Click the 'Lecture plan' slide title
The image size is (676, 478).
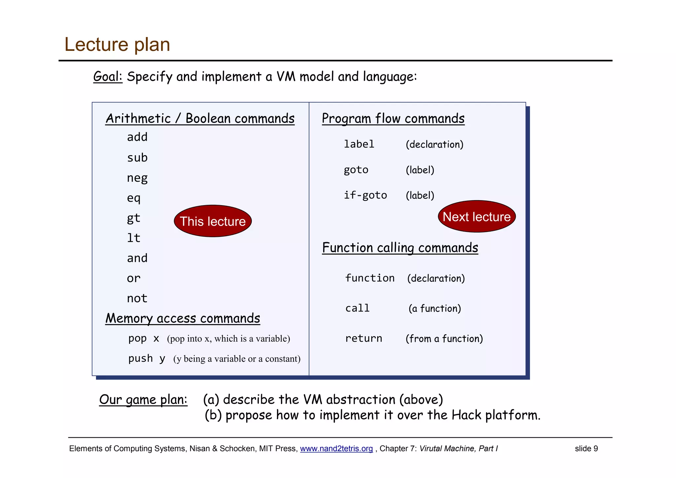(x=117, y=44)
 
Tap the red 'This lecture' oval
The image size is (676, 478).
(x=213, y=221)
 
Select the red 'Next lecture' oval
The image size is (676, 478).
(x=476, y=217)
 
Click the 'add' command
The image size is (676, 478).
(x=137, y=137)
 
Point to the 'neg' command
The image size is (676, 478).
(x=137, y=178)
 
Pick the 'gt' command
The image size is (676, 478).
(x=134, y=218)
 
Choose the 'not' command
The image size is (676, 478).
(x=137, y=299)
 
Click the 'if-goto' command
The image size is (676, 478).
(x=365, y=195)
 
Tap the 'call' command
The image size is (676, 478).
(x=357, y=308)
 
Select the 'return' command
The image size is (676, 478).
(x=363, y=338)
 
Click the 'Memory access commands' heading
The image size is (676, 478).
(x=183, y=318)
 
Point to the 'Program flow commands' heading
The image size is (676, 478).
(x=393, y=118)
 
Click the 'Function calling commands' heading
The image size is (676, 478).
(x=400, y=248)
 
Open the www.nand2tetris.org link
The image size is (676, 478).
(x=336, y=449)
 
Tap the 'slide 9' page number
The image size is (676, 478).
(x=586, y=449)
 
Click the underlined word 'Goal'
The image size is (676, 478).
(x=107, y=77)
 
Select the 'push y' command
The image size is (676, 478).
(x=147, y=359)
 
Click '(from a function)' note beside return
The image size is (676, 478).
(x=444, y=339)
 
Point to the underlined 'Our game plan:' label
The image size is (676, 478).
(x=143, y=400)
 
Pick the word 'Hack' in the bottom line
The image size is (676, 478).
(x=466, y=415)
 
